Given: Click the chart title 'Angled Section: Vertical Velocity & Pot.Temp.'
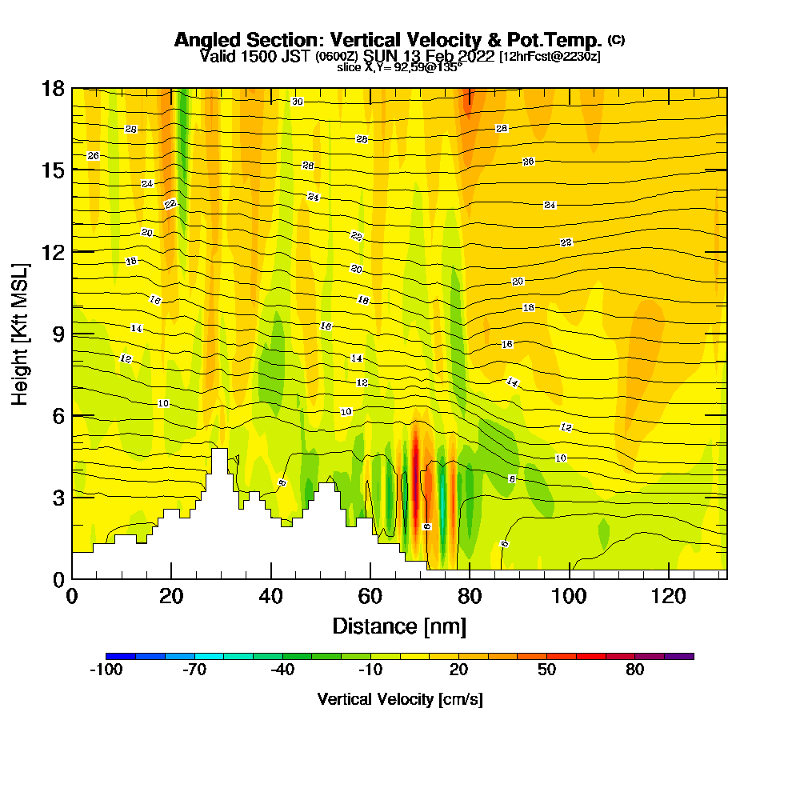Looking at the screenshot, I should [x=388, y=40].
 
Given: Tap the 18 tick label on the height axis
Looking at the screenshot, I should [x=53, y=88].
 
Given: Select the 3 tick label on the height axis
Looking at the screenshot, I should [x=58, y=498].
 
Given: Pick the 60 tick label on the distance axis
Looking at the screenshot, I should [x=370, y=596].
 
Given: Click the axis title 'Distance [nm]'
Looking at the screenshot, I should [x=399, y=626].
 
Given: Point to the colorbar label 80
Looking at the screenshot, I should [x=635, y=670].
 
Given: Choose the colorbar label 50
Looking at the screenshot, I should [x=546, y=670].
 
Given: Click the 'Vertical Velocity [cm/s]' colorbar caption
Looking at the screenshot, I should [x=400, y=699].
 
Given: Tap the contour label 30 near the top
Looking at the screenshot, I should [x=297, y=102].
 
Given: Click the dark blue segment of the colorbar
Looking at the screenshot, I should [x=121, y=656].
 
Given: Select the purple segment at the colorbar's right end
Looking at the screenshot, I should [x=679, y=656].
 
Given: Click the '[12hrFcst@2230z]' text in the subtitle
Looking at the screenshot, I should [x=550, y=57].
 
